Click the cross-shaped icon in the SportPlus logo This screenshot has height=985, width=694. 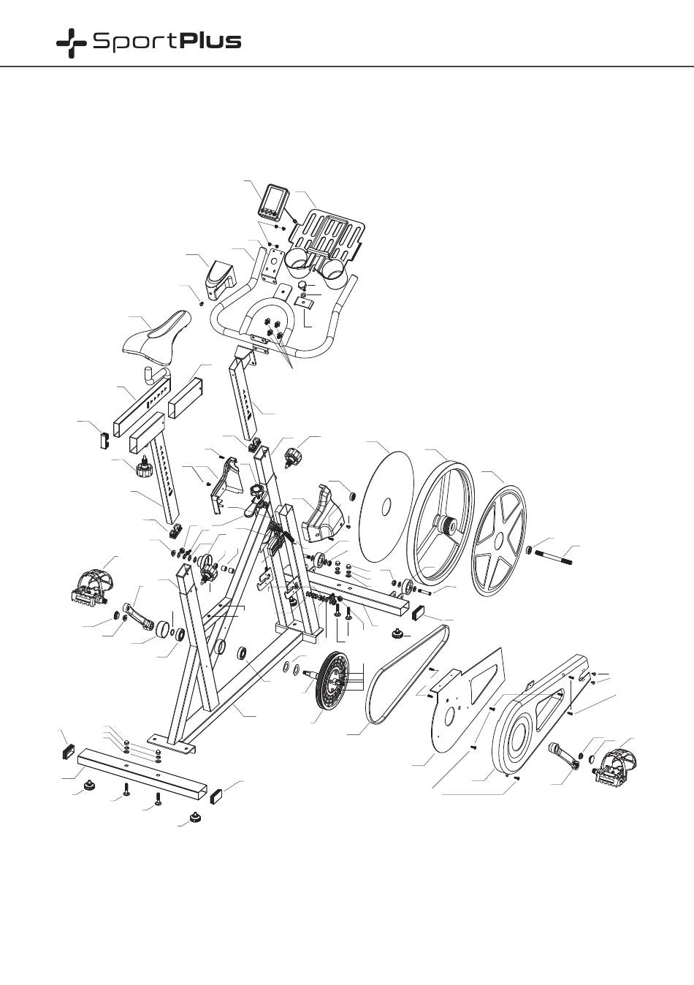pos(71,43)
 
